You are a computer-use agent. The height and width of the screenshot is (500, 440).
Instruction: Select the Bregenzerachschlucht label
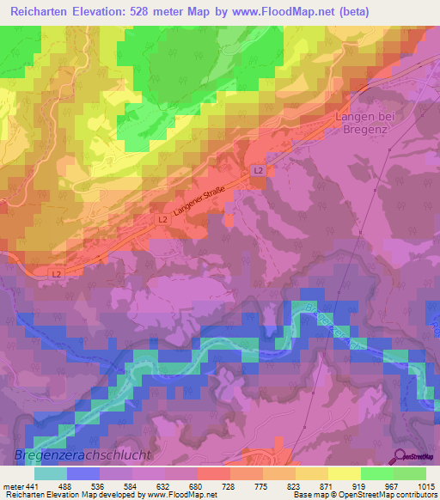[x=82, y=454]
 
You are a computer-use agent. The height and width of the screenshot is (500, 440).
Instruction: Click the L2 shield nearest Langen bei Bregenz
[x=258, y=171]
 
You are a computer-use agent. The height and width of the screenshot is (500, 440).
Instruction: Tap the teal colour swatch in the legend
[x=51, y=473]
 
